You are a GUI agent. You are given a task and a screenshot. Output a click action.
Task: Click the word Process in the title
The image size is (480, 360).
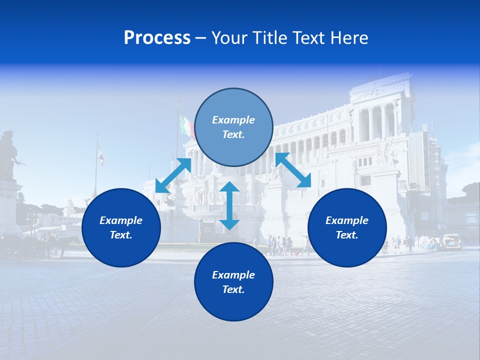point(157,38)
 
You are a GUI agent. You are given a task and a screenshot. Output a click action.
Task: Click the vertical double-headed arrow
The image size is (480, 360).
point(229,205)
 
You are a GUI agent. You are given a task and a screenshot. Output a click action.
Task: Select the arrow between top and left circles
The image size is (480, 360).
point(173,175)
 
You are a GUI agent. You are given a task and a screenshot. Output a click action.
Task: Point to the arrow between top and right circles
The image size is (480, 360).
point(292,170)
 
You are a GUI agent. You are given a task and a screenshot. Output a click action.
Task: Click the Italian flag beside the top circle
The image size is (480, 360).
point(186,126)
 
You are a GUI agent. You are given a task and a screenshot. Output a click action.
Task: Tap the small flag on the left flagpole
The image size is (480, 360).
point(101,155)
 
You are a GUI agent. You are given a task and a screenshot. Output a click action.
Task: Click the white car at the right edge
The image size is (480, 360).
point(451,241)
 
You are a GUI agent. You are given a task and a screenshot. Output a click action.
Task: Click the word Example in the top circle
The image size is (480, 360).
point(233,120)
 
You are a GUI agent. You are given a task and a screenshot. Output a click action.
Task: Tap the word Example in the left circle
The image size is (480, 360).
point(121,220)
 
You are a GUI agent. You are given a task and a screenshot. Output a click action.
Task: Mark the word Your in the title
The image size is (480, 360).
point(229,38)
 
